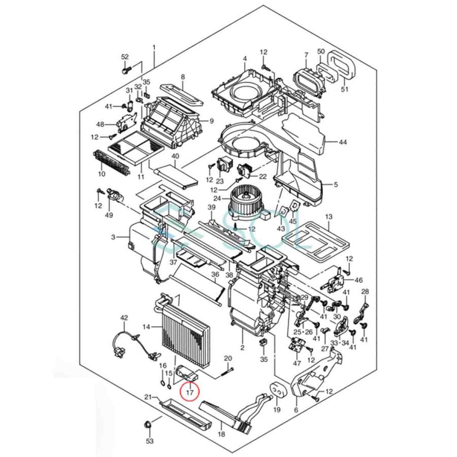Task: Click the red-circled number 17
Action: [x=189, y=392]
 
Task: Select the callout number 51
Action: [x=345, y=89]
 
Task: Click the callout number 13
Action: [x=329, y=217]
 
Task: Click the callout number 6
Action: [x=296, y=409]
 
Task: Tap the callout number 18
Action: [x=221, y=435]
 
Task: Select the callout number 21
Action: [x=148, y=397]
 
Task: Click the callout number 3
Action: [x=113, y=237]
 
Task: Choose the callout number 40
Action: [x=175, y=156]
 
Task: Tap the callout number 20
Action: [x=227, y=358]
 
